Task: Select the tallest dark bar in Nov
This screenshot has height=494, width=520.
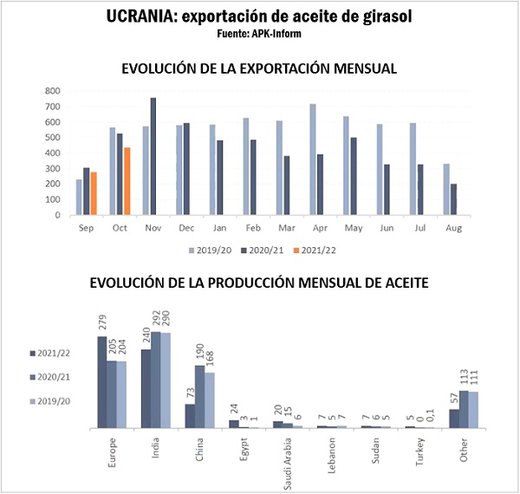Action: pyautogui.click(x=153, y=157)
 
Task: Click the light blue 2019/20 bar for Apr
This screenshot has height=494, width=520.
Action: pyautogui.click(x=313, y=159)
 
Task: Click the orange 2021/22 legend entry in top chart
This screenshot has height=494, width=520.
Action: pyautogui.click(x=315, y=250)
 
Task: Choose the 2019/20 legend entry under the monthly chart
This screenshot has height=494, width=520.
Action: pyautogui.click(x=209, y=250)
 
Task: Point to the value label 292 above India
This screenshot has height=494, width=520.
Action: pyautogui.click(x=157, y=320)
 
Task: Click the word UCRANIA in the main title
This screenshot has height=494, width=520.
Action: pyautogui.click(x=141, y=16)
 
